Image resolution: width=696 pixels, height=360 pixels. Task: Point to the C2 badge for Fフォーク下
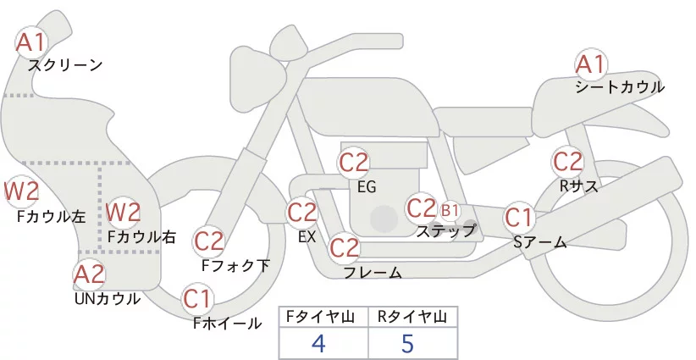208,241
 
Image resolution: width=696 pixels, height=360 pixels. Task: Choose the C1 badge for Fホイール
197,298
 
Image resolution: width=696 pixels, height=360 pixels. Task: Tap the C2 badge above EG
354,162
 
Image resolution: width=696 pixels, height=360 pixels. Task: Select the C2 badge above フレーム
344,248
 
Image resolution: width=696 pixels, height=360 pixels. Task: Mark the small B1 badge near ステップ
450,209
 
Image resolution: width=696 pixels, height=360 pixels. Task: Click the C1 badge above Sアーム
519,218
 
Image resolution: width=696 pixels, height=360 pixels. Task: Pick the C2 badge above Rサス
567,161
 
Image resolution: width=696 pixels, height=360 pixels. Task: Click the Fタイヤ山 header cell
323,317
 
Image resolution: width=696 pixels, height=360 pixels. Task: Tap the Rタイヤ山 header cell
412,317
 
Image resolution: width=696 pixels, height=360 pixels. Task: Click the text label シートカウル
620,87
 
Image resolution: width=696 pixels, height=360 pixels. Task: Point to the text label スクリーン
65,64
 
